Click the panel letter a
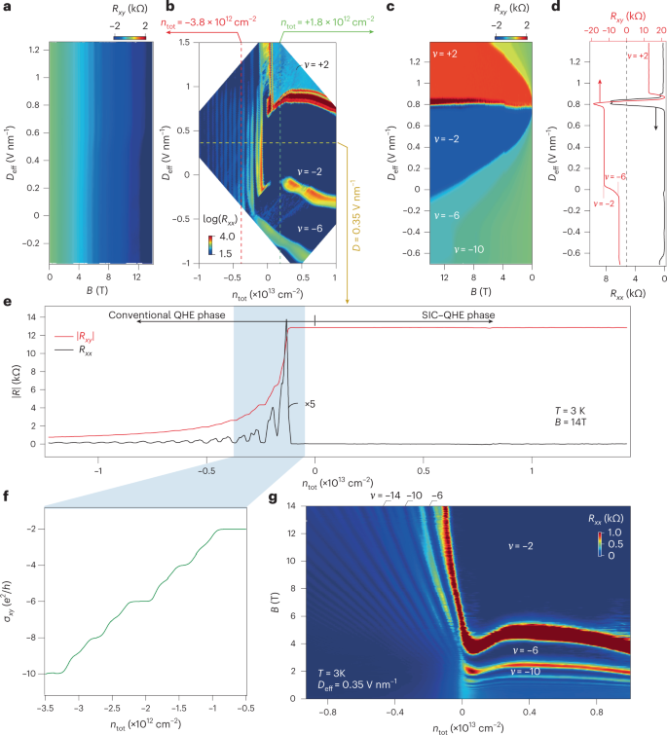coord(7,8)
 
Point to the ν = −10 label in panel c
coord(455,249)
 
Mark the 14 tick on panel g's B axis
coord(289,507)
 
